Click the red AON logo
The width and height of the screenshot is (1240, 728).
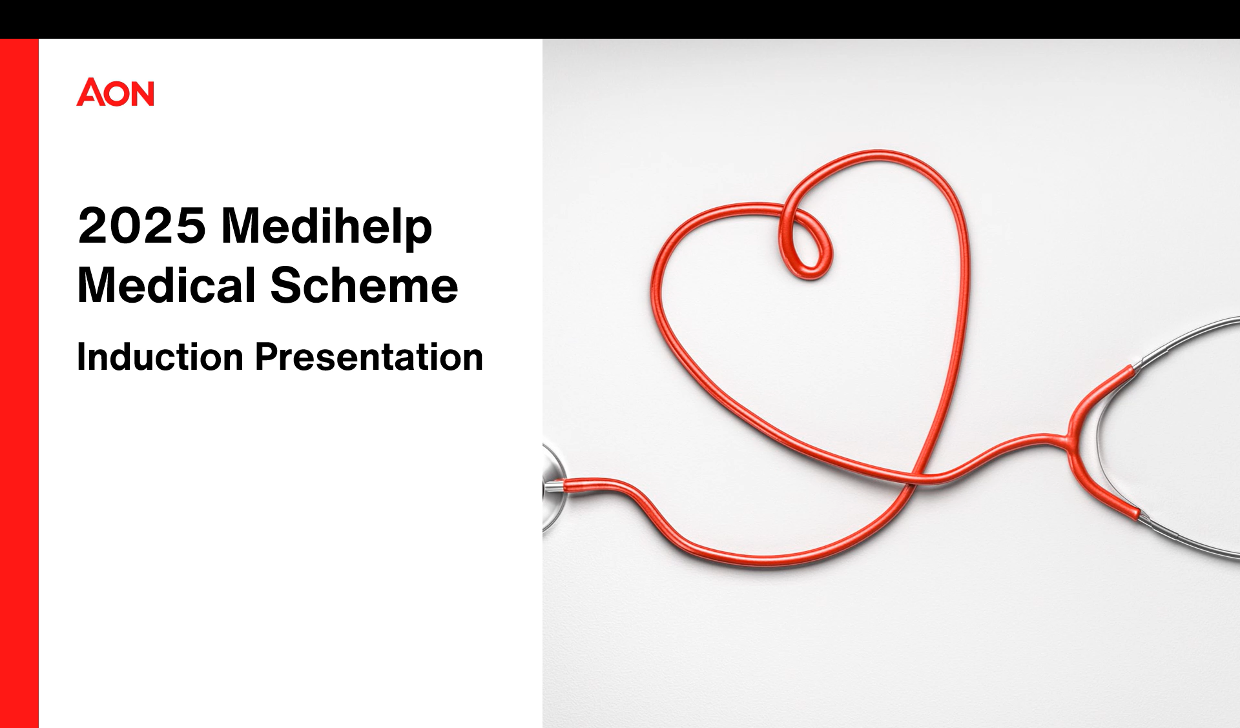(x=116, y=92)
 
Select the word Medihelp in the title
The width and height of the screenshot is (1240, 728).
(x=327, y=227)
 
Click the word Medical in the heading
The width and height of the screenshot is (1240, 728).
(x=167, y=285)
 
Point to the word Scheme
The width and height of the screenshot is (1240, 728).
(x=364, y=285)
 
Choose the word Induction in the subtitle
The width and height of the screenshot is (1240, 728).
(x=160, y=357)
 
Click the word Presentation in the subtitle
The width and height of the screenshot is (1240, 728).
(x=369, y=357)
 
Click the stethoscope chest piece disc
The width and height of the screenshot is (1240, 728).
(x=552, y=487)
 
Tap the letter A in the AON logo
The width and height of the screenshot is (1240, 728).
(x=90, y=92)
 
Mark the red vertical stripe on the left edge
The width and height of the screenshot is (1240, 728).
(x=19, y=383)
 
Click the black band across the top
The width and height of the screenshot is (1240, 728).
(x=620, y=19)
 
